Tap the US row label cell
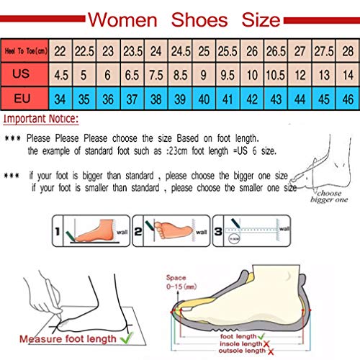coord(26,73)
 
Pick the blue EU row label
coord(26,97)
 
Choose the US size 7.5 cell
coord(156,73)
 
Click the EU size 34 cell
coord(62,97)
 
